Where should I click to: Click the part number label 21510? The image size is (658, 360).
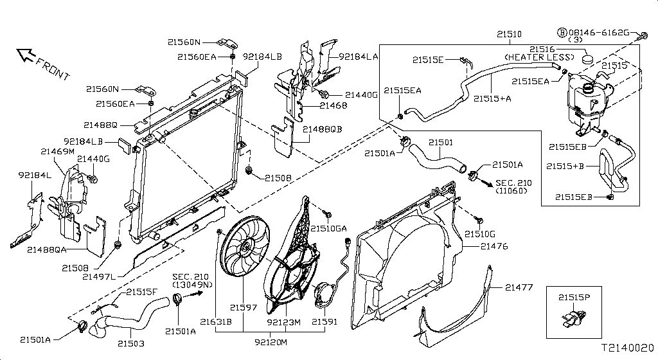coord(509,33)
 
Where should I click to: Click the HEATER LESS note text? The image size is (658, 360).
coord(538,57)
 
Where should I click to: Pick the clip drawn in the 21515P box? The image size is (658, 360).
coord(572,318)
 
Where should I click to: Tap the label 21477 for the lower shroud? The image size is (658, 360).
coord(519,287)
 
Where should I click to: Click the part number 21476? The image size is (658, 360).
coord(494,246)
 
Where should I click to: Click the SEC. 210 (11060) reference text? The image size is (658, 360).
coord(515,187)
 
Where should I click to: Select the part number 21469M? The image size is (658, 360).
coord(58,151)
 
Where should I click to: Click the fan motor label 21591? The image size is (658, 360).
coord(325,321)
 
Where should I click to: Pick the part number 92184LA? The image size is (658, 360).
coord(359,57)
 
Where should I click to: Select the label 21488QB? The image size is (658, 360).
coord(323,129)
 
